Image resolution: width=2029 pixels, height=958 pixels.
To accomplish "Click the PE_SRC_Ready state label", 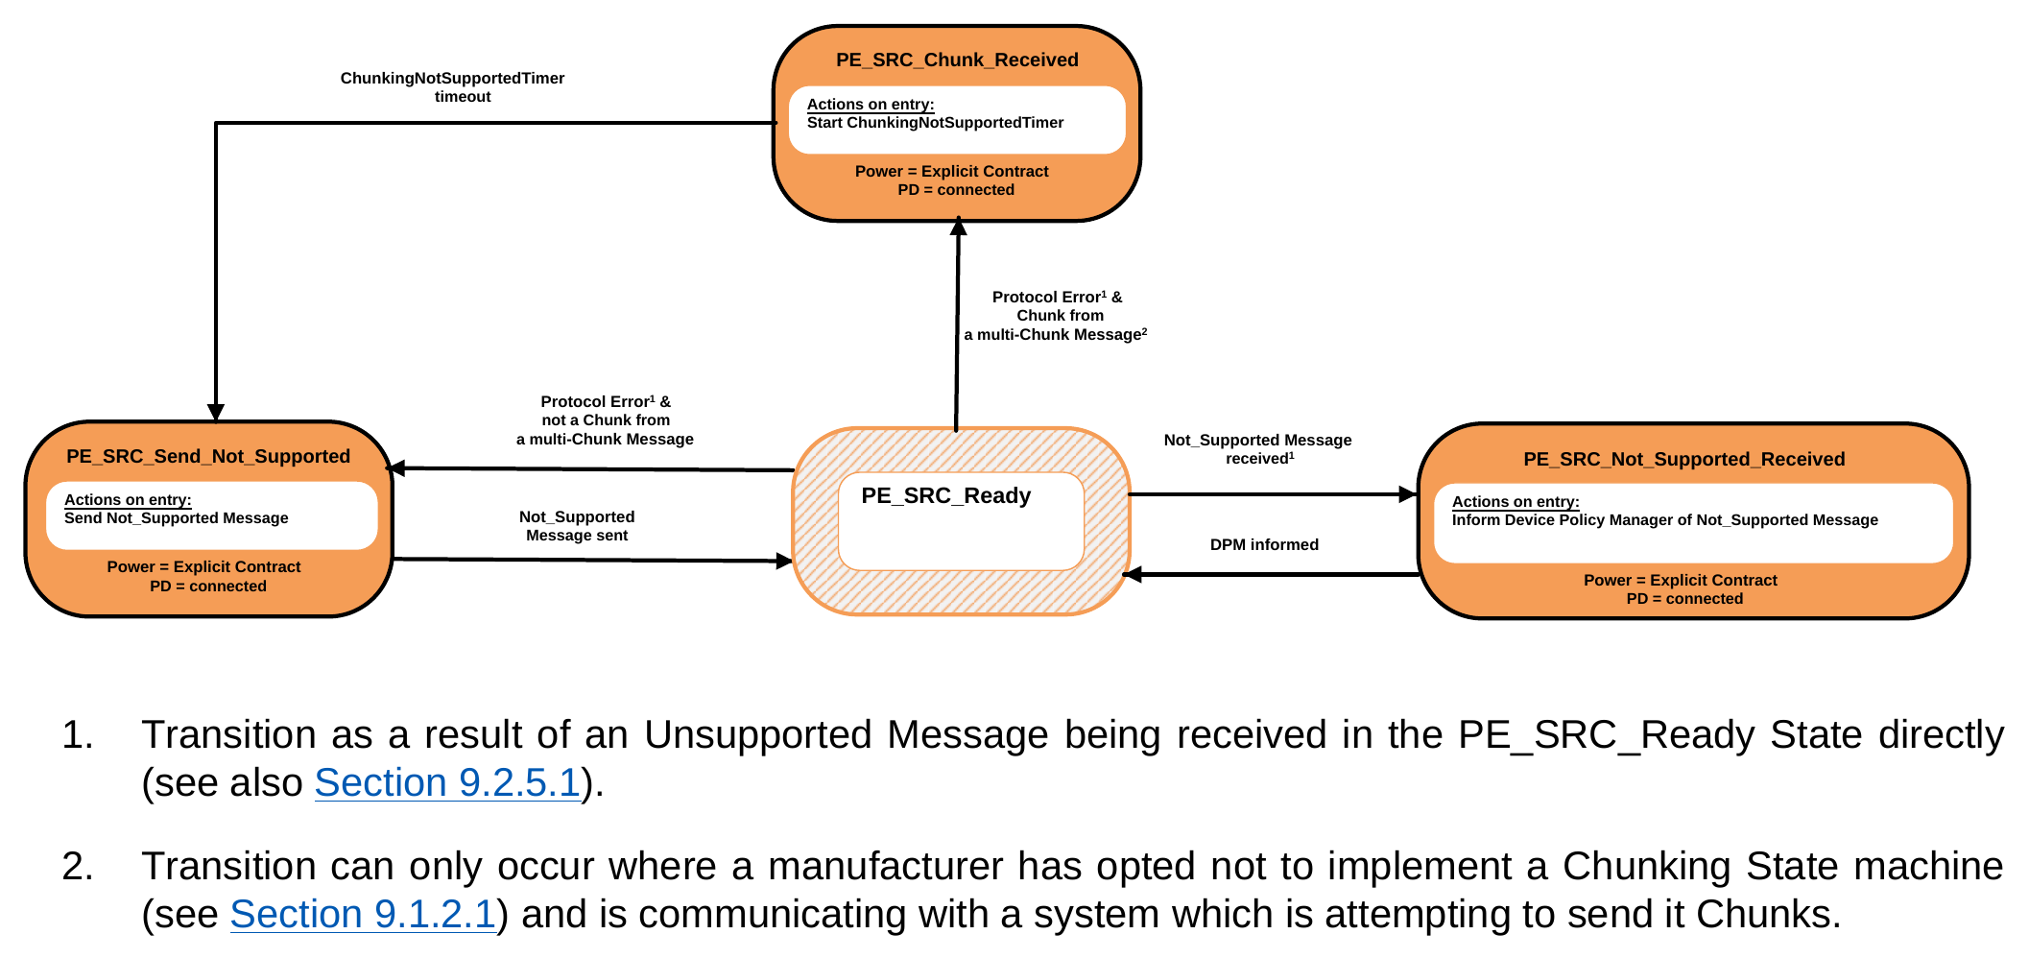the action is click(x=945, y=495).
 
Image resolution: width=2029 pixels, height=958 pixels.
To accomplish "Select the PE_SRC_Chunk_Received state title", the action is click(x=957, y=60).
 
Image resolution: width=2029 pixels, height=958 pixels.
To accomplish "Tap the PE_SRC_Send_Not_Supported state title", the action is click(x=208, y=456).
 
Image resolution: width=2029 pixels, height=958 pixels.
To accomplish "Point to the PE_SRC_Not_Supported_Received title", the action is click(x=1683, y=459).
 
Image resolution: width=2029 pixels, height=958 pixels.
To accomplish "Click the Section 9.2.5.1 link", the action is click(x=447, y=782).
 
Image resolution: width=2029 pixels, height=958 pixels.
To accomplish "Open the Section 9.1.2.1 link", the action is click(x=363, y=914).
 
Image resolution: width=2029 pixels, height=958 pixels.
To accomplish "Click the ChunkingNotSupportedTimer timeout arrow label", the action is click(x=452, y=87).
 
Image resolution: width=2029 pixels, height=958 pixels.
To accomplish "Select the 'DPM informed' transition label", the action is click(x=1264, y=544).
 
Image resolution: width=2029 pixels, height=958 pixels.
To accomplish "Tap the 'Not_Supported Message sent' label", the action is click(x=577, y=526).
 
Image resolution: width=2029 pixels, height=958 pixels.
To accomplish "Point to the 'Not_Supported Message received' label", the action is click(x=1257, y=449).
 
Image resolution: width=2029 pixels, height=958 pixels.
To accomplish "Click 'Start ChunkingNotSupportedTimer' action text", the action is click(x=935, y=122).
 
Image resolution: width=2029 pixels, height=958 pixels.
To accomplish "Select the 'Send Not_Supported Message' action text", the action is click(x=176, y=518).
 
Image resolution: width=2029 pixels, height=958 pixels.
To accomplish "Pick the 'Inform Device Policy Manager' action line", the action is click(x=1664, y=520).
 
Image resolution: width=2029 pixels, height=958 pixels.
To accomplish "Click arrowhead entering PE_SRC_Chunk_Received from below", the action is click(x=958, y=227).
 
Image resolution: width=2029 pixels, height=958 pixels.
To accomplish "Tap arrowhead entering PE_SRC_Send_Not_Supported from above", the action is click(x=216, y=412).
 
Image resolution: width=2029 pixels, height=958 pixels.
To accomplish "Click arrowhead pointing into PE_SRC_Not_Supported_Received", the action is click(x=1408, y=494).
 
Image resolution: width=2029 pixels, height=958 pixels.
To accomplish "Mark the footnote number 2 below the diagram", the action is click(x=77, y=866).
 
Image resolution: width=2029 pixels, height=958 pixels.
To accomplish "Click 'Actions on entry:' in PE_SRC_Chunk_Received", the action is click(x=870, y=104).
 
